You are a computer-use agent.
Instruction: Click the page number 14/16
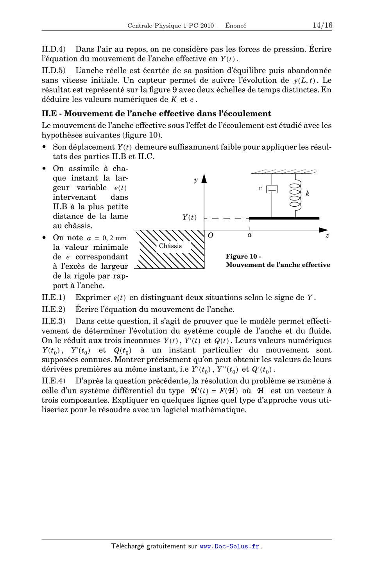tap(322, 25)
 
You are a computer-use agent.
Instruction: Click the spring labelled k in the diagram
tap(296, 194)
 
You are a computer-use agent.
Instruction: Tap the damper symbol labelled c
tap(272, 189)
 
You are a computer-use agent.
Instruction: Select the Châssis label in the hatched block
tap(170, 246)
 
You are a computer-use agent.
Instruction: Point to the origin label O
tap(210, 236)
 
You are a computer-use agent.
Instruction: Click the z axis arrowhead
tap(323, 230)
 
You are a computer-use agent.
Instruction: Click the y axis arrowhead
tap(204, 179)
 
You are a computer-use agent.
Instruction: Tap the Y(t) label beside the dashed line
tap(190, 218)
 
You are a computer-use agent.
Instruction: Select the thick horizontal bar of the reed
tap(284, 218)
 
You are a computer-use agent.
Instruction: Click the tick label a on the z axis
tap(249, 235)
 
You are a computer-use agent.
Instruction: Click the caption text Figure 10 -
tap(243, 257)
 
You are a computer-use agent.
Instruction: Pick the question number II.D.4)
tap(54, 50)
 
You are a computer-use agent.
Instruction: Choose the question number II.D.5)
tap(54, 71)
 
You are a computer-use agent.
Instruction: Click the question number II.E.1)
tap(54, 298)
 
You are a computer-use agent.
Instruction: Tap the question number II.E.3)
tap(54, 322)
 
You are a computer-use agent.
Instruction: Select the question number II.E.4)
tap(54, 381)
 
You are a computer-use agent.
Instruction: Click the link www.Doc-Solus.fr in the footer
tap(229, 547)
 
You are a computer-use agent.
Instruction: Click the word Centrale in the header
tap(140, 26)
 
